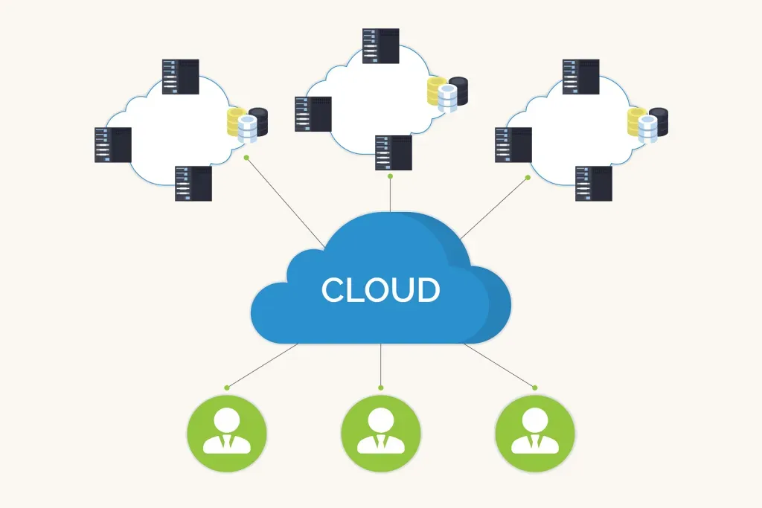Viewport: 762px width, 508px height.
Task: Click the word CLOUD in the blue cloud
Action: click(380, 290)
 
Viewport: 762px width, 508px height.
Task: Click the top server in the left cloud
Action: click(181, 77)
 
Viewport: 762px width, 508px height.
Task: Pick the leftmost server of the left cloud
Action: click(113, 145)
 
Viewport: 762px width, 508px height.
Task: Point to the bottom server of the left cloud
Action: click(193, 184)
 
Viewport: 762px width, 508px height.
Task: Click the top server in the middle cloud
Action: click(381, 46)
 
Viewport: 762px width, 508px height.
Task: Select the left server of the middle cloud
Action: click(313, 114)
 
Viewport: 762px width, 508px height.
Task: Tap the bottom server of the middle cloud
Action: click(394, 153)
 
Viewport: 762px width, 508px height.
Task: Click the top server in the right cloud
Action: click(580, 77)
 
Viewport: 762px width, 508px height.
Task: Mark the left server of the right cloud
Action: click(513, 145)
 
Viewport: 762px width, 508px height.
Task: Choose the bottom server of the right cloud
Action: click(594, 184)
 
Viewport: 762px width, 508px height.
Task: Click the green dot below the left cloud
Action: click(246, 158)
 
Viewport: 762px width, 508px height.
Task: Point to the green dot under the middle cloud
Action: click(391, 177)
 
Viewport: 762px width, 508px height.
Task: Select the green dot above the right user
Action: click(534, 388)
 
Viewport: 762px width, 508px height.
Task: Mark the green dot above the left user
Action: click(226, 388)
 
